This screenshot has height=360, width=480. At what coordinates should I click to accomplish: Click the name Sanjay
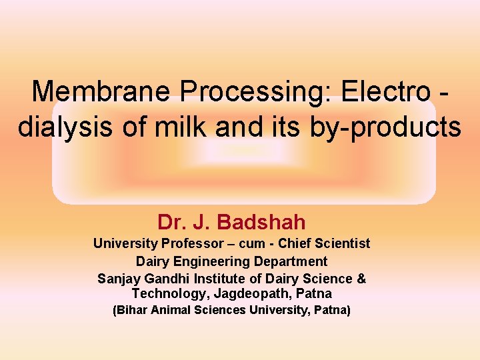117,278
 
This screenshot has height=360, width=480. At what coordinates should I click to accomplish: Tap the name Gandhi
163,278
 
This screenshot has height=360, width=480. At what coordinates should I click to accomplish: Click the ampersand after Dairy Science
361,278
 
